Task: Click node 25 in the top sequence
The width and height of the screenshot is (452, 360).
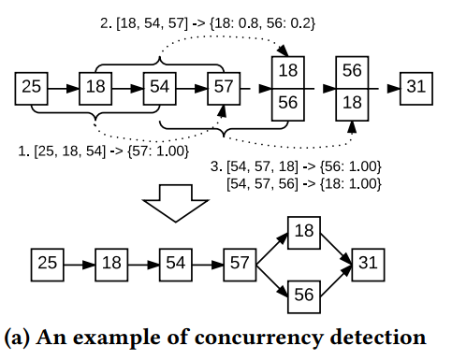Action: pyautogui.click(x=32, y=88)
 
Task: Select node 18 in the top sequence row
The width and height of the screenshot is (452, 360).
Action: pyautogui.click(x=95, y=88)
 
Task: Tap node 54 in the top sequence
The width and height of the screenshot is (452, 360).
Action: pyautogui.click(x=159, y=88)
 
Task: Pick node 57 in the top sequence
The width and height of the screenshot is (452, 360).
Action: pyautogui.click(x=223, y=88)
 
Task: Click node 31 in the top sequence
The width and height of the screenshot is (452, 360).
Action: pyautogui.click(x=416, y=88)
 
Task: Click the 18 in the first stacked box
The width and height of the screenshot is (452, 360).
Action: pyautogui.click(x=287, y=71)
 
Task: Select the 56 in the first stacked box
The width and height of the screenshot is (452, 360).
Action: pyautogui.click(x=287, y=104)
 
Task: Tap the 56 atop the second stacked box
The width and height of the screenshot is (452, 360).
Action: pyautogui.click(x=352, y=71)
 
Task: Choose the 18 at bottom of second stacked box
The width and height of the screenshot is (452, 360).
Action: pyautogui.click(x=352, y=104)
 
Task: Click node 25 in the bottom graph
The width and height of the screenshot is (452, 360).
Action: pyautogui.click(x=48, y=263)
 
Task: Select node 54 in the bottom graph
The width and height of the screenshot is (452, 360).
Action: pyautogui.click(x=175, y=263)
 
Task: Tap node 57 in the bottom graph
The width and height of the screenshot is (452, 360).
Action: pyautogui.click(x=239, y=263)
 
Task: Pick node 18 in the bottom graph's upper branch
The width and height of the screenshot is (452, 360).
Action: pyautogui.click(x=303, y=231)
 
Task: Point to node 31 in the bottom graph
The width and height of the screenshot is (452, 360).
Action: pyautogui.click(x=367, y=263)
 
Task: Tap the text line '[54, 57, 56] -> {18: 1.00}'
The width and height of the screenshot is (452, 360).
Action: pyautogui.click(x=305, y=183)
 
